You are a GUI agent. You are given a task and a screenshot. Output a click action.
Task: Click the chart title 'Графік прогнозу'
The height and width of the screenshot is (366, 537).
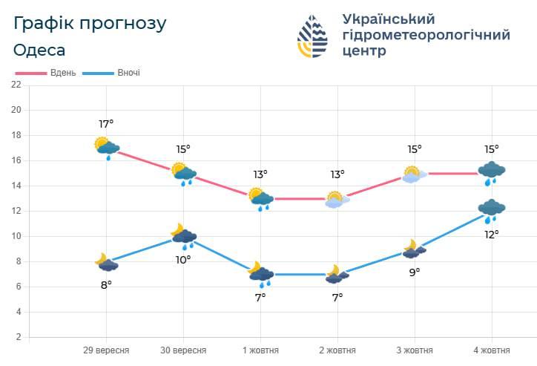point(90,23)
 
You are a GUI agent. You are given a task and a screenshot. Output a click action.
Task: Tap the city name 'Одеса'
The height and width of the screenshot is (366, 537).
point(39,50)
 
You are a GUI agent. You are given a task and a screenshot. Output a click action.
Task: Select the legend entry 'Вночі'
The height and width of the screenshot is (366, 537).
point(128,73)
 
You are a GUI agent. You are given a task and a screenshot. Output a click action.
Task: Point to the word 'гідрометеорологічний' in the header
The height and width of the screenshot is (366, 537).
point(426,35)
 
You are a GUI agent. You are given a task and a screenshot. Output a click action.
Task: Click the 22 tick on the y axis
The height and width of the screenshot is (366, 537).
point(16,85)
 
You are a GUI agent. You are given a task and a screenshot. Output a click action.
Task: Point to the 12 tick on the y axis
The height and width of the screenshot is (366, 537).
point(16,211)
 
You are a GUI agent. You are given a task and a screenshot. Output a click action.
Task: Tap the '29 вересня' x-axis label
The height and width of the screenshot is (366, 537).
point(106,350)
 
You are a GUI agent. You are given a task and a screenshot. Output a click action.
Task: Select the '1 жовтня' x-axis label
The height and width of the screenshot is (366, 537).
point(260,350)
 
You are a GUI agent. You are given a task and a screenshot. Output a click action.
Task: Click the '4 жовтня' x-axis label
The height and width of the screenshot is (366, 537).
point(491,350)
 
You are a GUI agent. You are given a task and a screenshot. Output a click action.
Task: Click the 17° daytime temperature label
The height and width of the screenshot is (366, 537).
point(106,124)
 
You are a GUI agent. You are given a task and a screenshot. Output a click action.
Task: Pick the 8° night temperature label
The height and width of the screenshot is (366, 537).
point(106,284)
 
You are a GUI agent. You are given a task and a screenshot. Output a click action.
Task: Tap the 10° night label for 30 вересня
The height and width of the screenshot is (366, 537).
point(183,259)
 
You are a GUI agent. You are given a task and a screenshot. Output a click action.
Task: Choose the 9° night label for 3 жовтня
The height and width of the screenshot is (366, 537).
point(414,272)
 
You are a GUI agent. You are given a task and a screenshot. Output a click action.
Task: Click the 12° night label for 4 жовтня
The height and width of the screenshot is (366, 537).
point(491,234)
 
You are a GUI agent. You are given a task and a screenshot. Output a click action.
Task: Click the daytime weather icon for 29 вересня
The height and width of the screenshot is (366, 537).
point(107,147)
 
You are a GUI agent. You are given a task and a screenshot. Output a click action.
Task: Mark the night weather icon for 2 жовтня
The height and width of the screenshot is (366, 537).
point(337,275)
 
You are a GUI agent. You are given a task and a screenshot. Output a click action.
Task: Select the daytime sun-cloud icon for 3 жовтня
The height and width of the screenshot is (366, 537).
point(415,174)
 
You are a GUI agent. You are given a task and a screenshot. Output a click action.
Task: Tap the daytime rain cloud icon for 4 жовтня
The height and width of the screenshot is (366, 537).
point(491,173)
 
